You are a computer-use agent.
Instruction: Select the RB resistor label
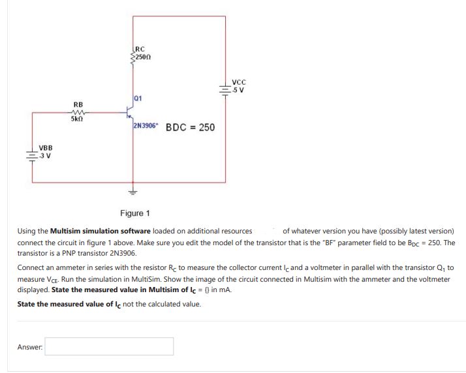tap(78, 104)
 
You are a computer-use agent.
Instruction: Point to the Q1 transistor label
tap(137, 98)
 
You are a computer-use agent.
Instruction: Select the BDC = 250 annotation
tap(190, 127)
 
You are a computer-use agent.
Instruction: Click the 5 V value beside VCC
tap(239, 90)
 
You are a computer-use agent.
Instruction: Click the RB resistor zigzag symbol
tap(78, 112)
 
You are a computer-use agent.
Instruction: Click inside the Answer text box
tap(110, 346)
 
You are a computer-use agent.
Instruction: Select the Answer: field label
tap(29, 346)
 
